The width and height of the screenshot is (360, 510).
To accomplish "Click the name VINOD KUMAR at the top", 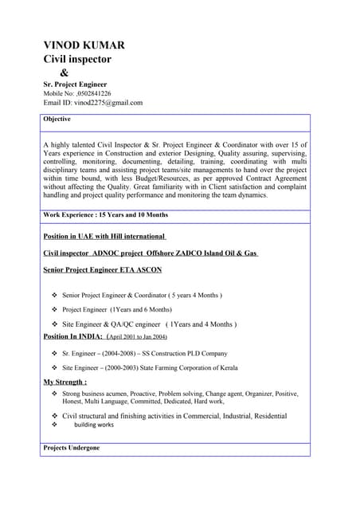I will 84,45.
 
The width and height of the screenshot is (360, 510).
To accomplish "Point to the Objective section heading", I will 57,119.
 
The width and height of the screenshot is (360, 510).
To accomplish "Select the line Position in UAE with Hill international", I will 104,237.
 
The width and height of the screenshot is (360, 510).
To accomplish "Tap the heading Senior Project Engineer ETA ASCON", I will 102,270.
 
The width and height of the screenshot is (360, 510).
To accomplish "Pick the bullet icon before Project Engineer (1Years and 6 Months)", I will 54,309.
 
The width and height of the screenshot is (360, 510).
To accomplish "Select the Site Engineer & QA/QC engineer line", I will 149,324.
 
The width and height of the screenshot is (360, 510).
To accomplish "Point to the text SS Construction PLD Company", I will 185,353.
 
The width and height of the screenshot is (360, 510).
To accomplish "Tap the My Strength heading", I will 65,382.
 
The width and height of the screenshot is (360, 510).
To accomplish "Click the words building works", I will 94,425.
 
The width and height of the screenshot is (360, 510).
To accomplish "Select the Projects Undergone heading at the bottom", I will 72,448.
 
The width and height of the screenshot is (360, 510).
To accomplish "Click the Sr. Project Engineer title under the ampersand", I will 75,84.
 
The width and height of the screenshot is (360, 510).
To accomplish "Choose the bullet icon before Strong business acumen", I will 54,394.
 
